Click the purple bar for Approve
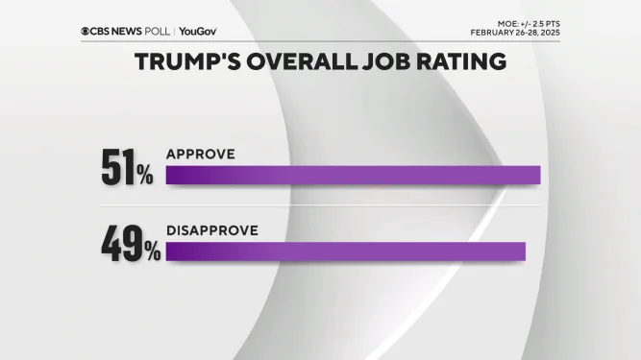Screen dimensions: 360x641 (353, 175)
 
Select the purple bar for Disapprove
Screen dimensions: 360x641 (346, 252)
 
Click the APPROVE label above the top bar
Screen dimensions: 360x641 (200, 154)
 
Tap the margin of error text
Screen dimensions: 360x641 (527, 20)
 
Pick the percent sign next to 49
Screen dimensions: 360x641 (152, 252)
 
